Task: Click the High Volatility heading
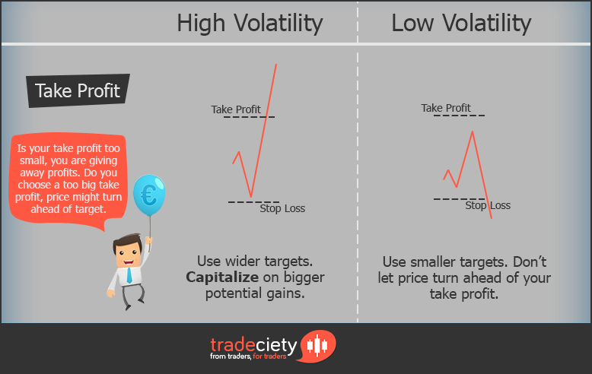(x=249, y=23)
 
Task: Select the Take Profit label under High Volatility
(x=236, y=110)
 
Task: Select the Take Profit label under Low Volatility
(x=446, y=108)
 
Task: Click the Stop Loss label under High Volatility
(x=282, y=208)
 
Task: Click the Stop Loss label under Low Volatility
(x=488, y=205)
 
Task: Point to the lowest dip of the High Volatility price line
(x=250, y=197)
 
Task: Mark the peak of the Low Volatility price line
(x=473, y=132)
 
